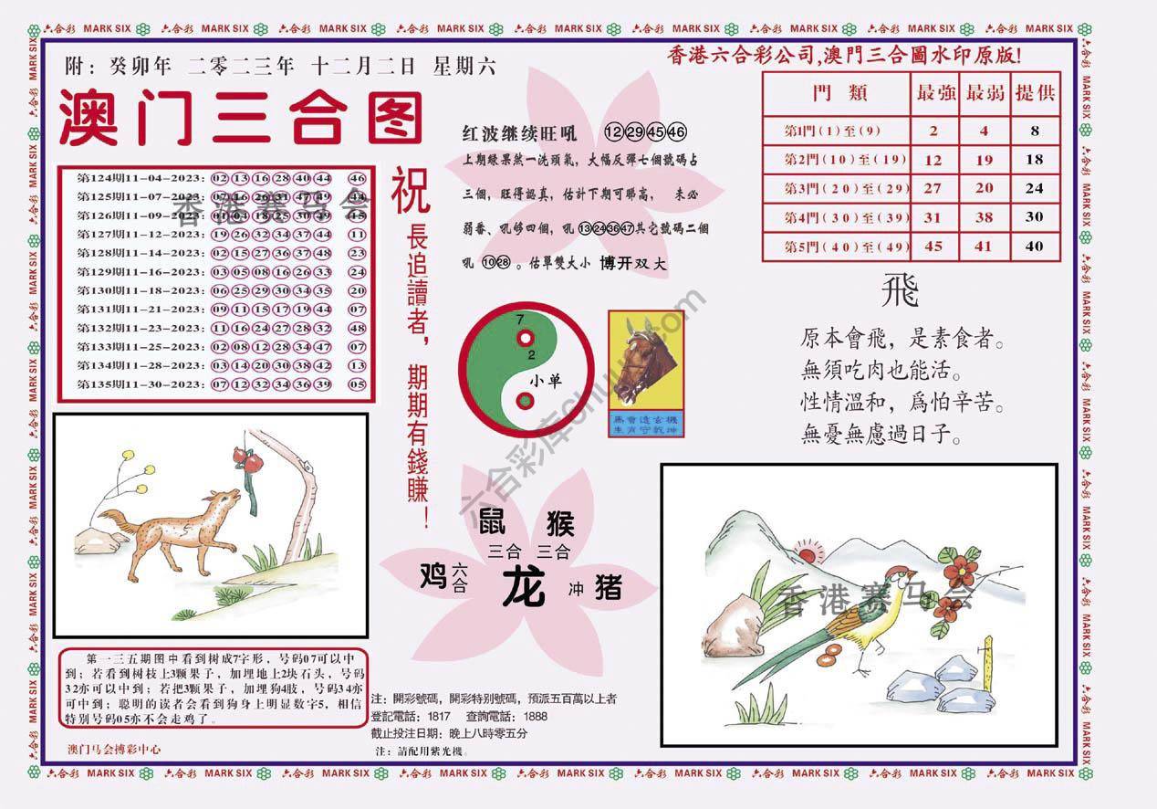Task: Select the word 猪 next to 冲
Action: pos(608,587)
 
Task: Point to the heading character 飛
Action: pos(899,293)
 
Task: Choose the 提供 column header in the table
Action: pos(1035,93)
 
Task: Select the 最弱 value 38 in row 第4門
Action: pos(984,217)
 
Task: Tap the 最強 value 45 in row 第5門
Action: pos(933,246)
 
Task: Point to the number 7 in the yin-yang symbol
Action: pos(519,320)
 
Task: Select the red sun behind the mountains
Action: pos(807,551)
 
